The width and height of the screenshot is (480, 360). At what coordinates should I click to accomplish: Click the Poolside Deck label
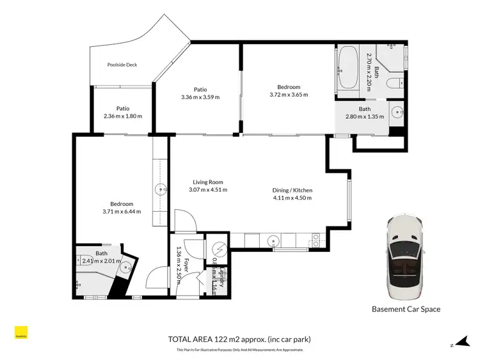click(122, 65)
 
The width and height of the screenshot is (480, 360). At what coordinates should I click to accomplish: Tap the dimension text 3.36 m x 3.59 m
click(200, 97)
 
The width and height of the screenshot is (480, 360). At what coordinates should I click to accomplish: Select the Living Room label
click(208, 182)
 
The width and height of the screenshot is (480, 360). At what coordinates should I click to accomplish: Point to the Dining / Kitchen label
click(292, 190)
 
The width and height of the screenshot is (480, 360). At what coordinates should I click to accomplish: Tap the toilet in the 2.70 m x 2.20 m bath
click(397, 82)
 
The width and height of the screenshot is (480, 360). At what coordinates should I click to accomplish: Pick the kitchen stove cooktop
click(315, 241)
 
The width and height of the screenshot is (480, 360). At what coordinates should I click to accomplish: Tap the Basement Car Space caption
click(406, 309)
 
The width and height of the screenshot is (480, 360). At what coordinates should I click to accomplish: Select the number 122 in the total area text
click(225, 339)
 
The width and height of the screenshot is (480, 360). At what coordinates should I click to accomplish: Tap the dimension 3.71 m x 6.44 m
click(122, 212)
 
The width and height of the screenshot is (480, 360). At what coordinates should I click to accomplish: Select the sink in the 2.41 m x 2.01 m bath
click(127, 268)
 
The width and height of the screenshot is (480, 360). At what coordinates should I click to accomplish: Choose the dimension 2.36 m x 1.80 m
click(123, 116)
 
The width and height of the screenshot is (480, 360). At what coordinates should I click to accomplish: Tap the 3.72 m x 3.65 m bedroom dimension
click(289, 95)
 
